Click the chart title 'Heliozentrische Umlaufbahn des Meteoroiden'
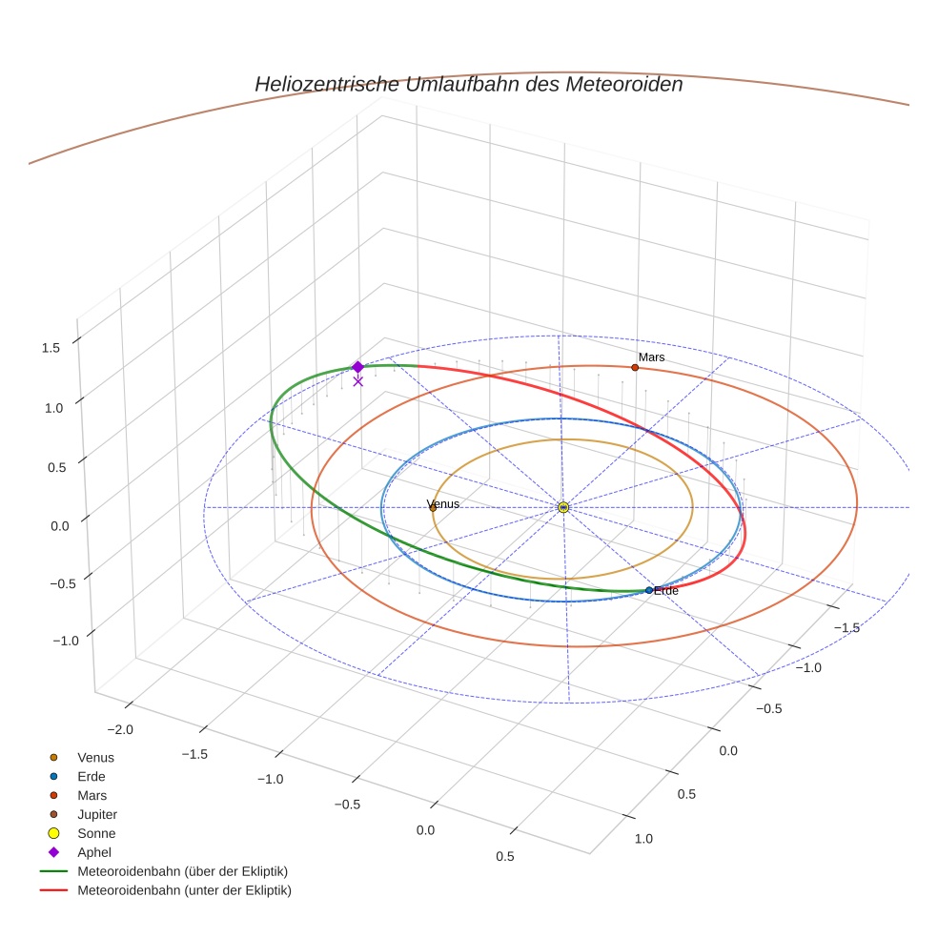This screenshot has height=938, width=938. (x=468, y=84)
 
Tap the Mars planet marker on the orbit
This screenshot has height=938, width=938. (x=635, y=367)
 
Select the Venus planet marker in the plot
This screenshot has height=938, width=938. (x=433, y=508)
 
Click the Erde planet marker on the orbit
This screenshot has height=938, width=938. (x=649, y=590)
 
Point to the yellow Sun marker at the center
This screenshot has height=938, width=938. (x=563, y=507)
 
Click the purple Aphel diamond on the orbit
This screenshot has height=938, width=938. (x=357, y=367)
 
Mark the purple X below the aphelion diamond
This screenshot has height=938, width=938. (x=357, y=381)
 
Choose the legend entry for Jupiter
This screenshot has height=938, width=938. (x=96, y=814)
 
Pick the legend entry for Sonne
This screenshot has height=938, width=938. (x=96, y=833)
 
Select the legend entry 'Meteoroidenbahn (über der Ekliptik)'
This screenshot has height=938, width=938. (x=182, y=871)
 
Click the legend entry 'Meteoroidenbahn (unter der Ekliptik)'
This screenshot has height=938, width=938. (x=184, y=890)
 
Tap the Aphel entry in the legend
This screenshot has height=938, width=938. (x=94, y=852)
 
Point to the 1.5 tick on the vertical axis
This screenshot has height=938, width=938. (x=51, y=348)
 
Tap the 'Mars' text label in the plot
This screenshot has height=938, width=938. (x=652, y=357)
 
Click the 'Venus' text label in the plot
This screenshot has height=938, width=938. (x=443, y=503)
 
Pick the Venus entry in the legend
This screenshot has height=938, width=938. (x=95, y=757)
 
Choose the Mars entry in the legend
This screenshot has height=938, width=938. (x=92, y=795)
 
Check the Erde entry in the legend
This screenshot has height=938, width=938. (x=92, y=776)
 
